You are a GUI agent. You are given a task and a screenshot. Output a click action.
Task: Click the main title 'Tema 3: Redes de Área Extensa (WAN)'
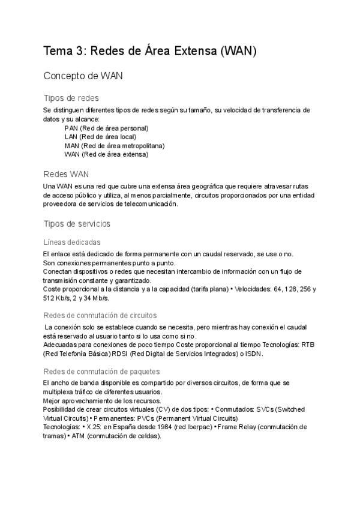pyautogui.click(x=150, y=52)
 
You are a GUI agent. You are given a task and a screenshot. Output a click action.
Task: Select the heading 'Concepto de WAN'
pyautogui.click(x=84, y=76)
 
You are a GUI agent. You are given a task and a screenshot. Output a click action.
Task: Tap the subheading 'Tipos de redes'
pyautogui.click(x=71, y=98)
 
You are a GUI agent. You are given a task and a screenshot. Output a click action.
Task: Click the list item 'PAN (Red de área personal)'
pyautogui.click(x=106, y=128)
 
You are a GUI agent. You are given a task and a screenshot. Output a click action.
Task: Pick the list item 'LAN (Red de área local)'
pyautogui.click(x=100, y=137)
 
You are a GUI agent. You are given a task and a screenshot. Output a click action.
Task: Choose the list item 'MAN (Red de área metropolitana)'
pyautogui.click(x=114, y=145)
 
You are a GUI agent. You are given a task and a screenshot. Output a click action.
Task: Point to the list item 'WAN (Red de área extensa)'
pyautogui.click(x=106, y=154)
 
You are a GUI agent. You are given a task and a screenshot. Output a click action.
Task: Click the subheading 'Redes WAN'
pyautogui.click(x=66, y=174)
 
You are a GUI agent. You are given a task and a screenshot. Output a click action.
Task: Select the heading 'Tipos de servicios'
pyautogui.click(x=77, y=223)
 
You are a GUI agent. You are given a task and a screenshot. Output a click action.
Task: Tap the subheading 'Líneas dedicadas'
pyautogui.click(x=72, y=242)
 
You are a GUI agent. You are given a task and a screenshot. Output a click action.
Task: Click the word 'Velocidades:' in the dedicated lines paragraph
pyautogui.click(x=254, y=289)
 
